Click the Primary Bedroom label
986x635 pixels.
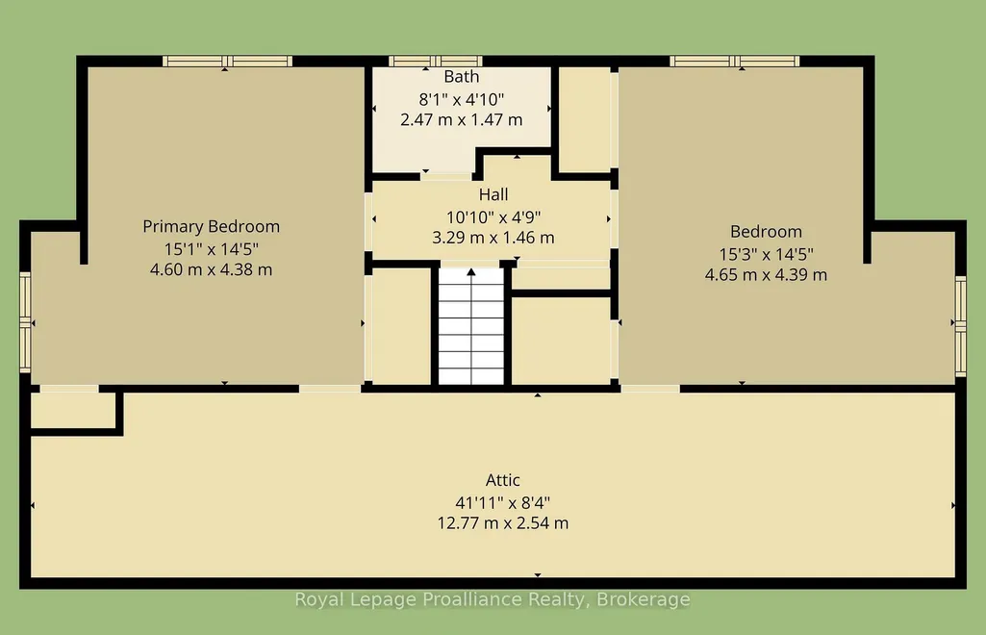[212, 226]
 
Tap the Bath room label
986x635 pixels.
[462, 77]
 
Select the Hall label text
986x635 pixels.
[493, 194]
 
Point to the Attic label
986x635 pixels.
[503, 480]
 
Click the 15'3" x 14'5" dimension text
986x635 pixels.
[767, 254]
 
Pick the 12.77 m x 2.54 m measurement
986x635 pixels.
[503, 523]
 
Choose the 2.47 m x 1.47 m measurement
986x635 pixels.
[462, 119]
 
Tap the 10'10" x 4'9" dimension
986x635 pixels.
[493, 216]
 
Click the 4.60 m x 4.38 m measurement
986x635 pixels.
[212, 269]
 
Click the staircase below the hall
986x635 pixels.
[471, 325]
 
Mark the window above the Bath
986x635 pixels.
[435, 61]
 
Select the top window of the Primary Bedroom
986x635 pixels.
[227, 61]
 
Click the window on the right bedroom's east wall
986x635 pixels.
[961, 326]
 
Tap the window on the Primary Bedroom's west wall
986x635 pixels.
[25, 322]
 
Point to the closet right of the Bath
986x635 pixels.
[584, 119]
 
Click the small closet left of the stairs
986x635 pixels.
[401, 326]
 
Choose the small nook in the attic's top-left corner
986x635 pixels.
[73, 410]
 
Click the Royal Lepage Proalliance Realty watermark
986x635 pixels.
[493, 599]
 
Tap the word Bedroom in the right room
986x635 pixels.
[766, 231]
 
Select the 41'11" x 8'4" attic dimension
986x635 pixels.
[503, 503]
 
